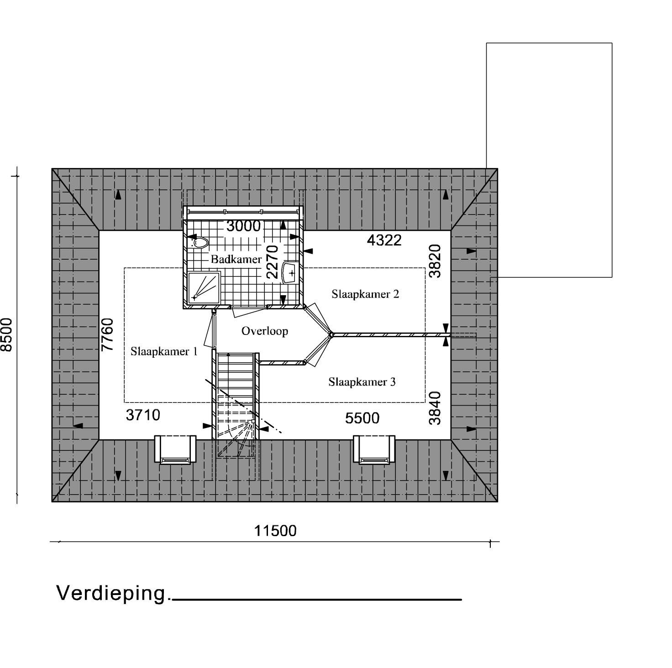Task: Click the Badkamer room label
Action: [x=236, y=259]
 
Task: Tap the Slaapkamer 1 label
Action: [x=164, y=351]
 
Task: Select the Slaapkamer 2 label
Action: [x=365, y=294]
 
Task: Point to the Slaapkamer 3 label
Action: [x=362, y=382]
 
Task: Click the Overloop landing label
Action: [x=265, y=331]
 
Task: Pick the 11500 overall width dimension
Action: [x=275, y=531]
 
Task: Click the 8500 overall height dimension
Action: [x=7, y=335]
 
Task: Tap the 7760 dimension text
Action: [x=108, y=335]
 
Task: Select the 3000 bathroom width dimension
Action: [x=243, y=226]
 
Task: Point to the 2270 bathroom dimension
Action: [x=273, y=262]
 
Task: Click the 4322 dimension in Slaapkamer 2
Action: [x=384, y=240]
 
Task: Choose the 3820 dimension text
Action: [x=435, y=261]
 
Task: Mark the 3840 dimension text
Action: [x=435, y=408]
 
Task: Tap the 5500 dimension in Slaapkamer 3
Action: [x=362, y=418]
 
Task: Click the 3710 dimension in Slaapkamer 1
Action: [x=143, y=415]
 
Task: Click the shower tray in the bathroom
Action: [x=204, y=287]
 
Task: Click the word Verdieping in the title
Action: [x=111, y=593]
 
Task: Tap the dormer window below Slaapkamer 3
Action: [x=374, y=450]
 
